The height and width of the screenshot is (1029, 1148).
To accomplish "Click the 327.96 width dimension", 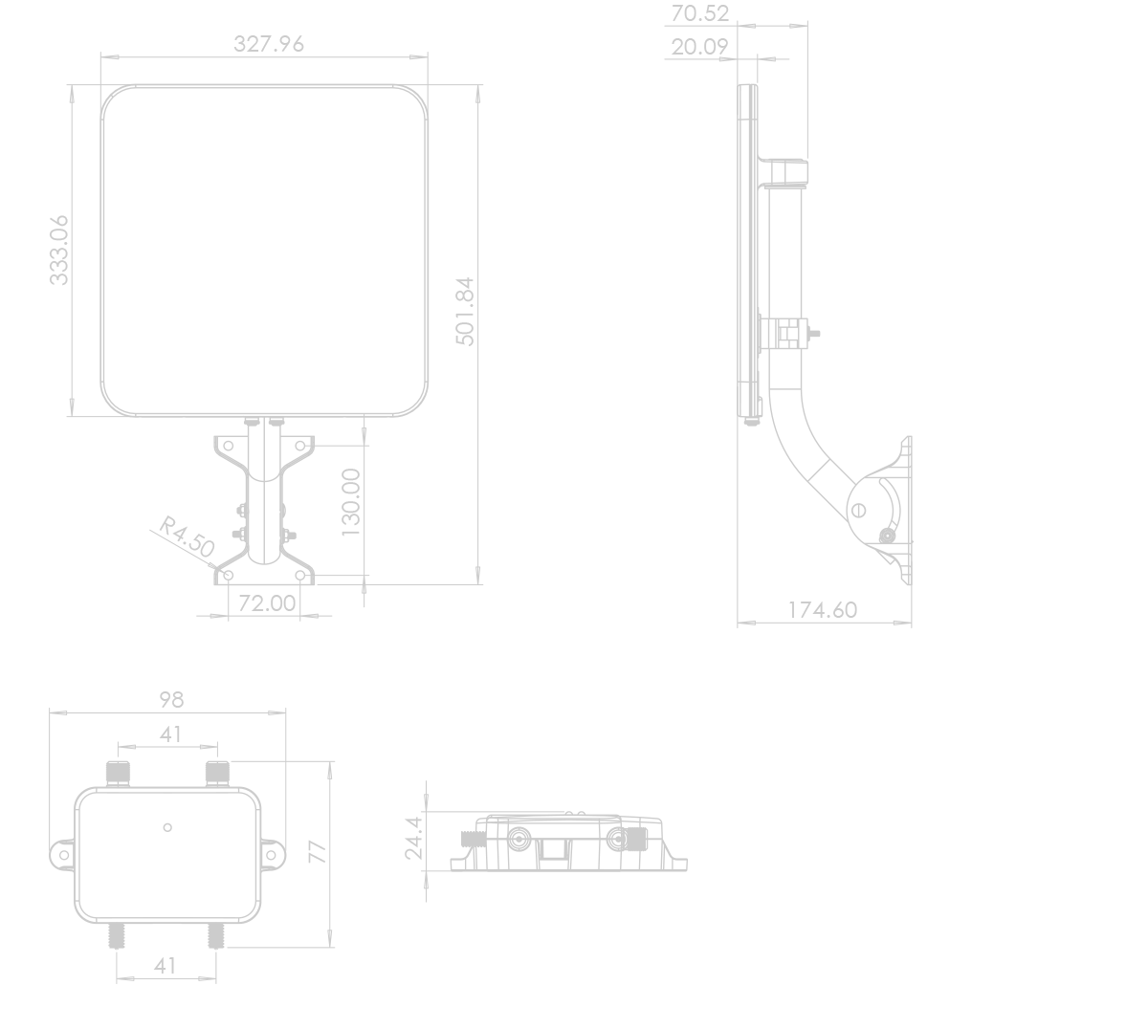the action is pos(269,44).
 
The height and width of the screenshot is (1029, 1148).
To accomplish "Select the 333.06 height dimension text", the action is pos(59,250).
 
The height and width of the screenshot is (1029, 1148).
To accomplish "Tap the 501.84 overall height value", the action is pos(465,311).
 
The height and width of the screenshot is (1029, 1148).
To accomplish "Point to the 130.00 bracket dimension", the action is pos(351,502).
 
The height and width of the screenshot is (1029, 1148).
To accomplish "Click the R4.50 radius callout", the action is pos(187,536).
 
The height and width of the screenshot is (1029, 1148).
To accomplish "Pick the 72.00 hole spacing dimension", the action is pos(267,603).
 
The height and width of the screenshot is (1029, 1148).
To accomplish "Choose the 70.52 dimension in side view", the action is pos(699,13).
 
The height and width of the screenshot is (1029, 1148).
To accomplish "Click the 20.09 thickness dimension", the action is pos(699,47).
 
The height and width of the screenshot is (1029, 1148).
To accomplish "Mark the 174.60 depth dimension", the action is pos(823,610).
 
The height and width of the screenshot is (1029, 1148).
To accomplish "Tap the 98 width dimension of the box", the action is pos(171,700).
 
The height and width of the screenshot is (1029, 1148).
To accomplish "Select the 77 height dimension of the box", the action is pos(318,852).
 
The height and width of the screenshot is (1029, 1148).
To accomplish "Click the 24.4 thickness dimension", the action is pos(414,838).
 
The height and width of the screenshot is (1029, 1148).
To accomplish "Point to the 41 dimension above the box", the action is pos(170,734).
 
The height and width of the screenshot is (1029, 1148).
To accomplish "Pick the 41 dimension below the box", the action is pos(165,966).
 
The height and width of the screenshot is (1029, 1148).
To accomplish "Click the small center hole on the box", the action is pos(167,828).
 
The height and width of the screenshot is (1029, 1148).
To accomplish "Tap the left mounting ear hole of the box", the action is pos(64,855).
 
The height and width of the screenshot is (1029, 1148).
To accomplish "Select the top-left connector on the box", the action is pos(118,774).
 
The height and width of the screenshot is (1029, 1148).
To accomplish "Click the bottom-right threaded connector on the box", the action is pos(215,935).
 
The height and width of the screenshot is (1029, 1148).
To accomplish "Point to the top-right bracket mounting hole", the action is pos(300,446).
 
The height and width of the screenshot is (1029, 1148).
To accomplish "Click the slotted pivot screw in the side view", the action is pos(858,511).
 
